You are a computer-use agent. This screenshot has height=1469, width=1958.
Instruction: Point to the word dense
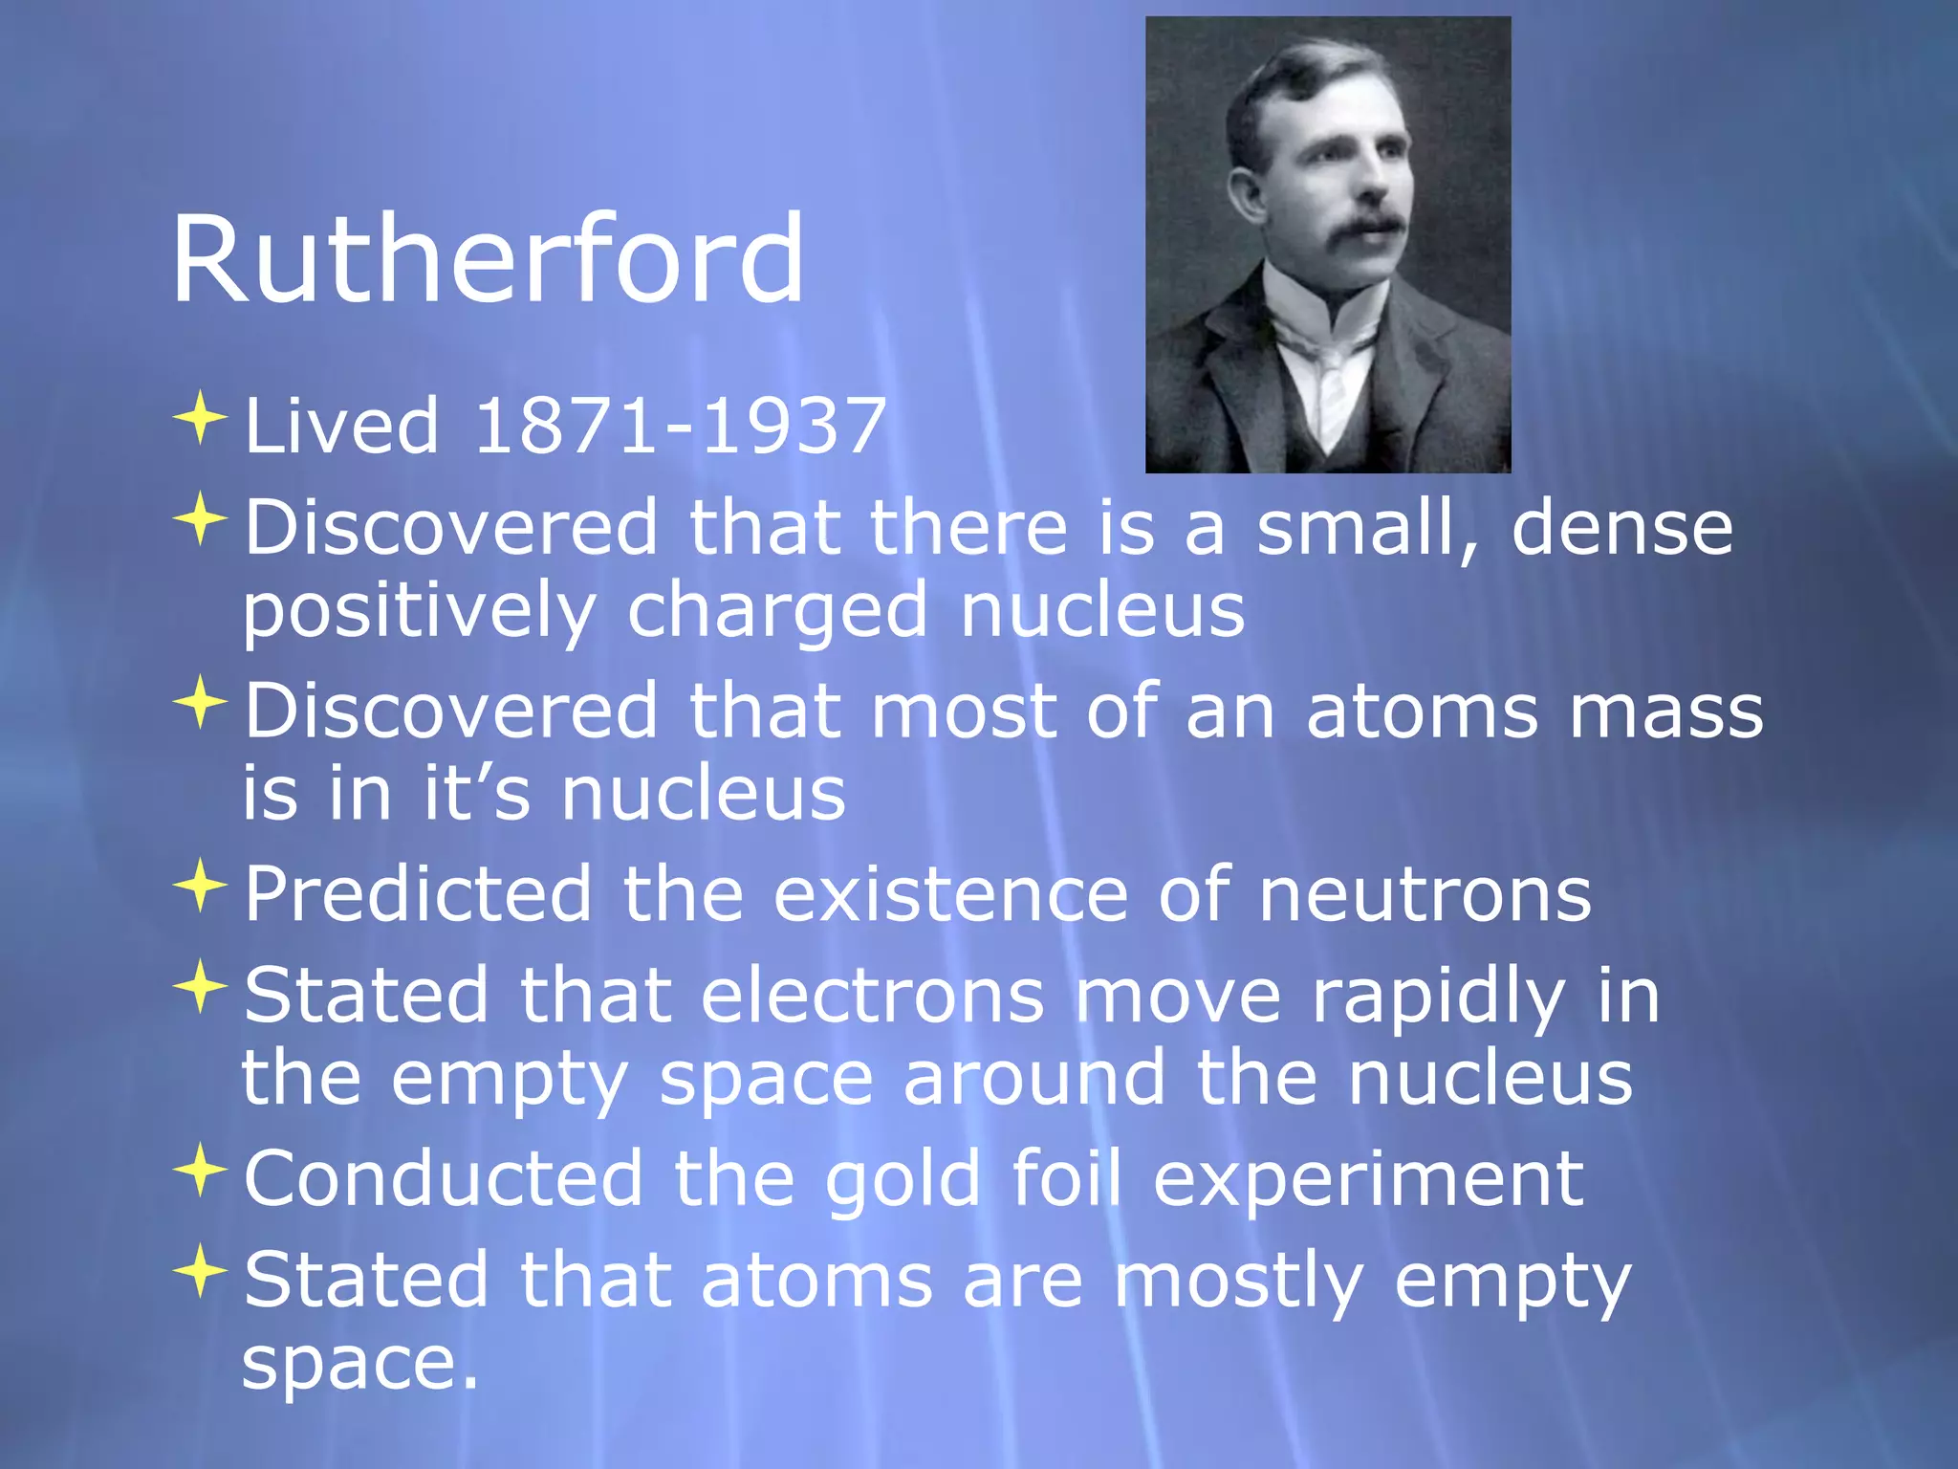1622,528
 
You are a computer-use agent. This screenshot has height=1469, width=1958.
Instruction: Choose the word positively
419,612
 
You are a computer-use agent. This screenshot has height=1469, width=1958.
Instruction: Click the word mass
1666,712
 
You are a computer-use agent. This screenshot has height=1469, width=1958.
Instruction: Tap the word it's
476,794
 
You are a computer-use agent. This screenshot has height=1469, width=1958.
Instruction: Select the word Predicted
418,894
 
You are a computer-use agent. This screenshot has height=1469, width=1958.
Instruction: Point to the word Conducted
444,1178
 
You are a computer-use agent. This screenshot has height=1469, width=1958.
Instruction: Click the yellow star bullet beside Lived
200,418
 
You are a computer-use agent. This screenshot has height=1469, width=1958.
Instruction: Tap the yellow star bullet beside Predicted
200,887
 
